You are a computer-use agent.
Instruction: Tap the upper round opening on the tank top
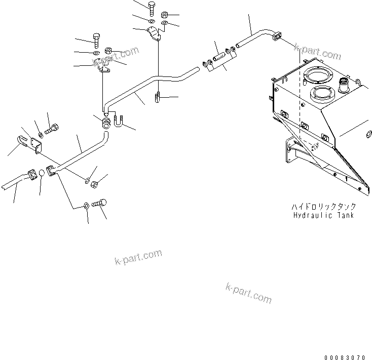click(318, 75)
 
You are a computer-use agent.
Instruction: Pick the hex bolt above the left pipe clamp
click(97, 39)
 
